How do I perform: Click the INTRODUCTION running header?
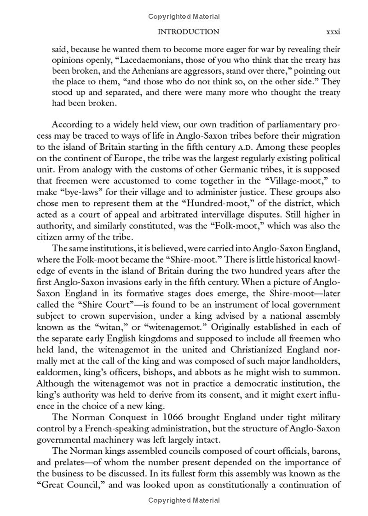[x=188, y=32]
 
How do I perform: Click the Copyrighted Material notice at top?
[x=184, y=17]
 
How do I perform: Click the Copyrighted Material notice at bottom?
[x=184, y=500]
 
